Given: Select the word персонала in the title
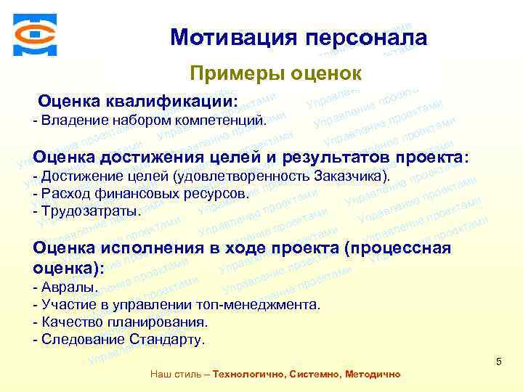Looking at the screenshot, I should coord(363,37).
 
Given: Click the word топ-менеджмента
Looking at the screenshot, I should coord(266,305).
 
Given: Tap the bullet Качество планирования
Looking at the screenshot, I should coord(121,322).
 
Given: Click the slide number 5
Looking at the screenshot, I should coord(498,361).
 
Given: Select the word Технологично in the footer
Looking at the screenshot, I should coord(248,375).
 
